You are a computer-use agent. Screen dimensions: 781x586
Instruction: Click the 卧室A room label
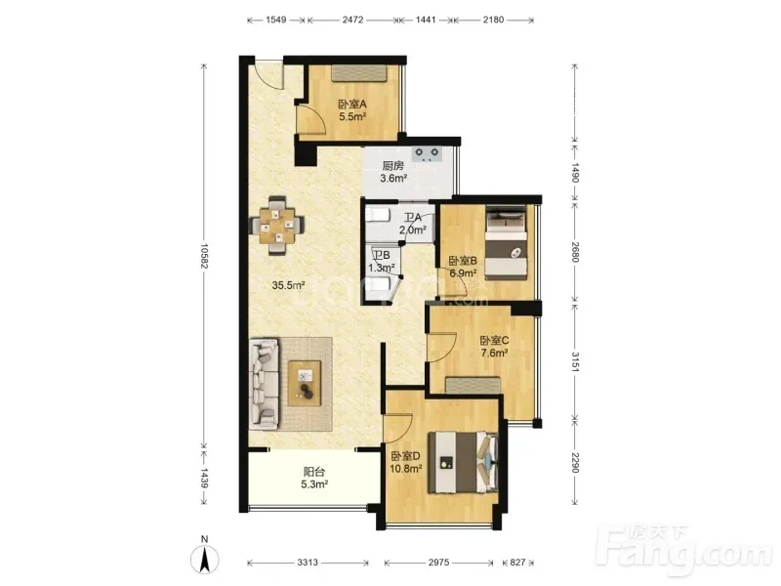352,105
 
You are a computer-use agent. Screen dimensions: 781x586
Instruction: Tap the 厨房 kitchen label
393,165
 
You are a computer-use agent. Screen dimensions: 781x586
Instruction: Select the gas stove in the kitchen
427,153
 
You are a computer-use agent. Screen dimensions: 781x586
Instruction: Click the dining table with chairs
277,226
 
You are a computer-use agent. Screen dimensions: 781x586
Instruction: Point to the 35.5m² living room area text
288,285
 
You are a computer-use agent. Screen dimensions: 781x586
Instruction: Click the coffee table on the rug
304,382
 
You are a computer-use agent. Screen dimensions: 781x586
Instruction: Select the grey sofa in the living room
264,384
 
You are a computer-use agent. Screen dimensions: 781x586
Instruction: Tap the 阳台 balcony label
314,472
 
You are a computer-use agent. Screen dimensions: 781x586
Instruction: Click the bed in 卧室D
463,462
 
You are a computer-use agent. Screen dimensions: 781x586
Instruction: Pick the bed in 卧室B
506,244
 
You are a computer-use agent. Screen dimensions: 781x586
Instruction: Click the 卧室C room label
494,340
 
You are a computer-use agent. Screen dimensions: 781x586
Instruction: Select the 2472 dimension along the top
352,20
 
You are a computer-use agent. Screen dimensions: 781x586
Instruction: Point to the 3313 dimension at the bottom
308,563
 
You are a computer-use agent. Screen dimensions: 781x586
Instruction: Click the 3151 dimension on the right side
575,361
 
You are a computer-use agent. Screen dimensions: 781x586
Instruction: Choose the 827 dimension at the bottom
517,563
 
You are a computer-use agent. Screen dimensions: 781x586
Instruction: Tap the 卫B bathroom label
382,255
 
